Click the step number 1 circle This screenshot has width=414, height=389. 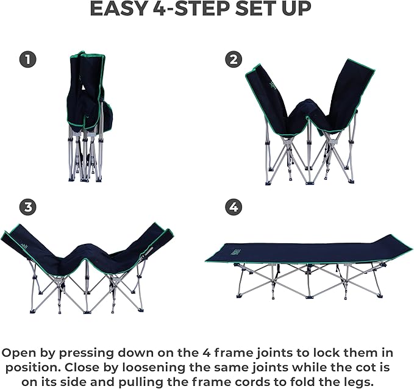tap(27, 60)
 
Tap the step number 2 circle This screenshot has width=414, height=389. tap(233, 60)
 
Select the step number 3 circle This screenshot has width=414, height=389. tap(27, 207)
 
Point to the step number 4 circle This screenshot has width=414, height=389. tap(233, 207)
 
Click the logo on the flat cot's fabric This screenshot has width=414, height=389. tap(234, 251)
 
